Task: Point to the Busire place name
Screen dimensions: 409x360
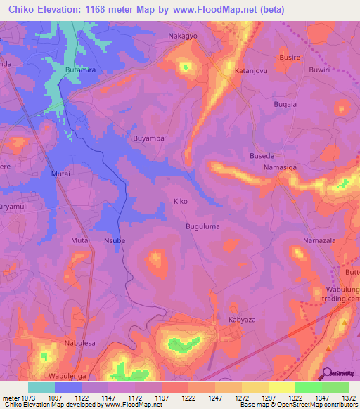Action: tap(290, 58)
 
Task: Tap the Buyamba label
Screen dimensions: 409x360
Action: tap(148, 138)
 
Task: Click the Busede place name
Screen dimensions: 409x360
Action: tap(262, 155)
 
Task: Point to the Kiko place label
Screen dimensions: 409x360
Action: tap(180, 202)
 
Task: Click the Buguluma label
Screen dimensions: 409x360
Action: tap(202, 226)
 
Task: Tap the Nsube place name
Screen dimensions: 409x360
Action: tap(114, 240)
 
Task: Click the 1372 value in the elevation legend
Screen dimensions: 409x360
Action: tap(349, 398)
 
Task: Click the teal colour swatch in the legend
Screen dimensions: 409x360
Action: tap(41, 387)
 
